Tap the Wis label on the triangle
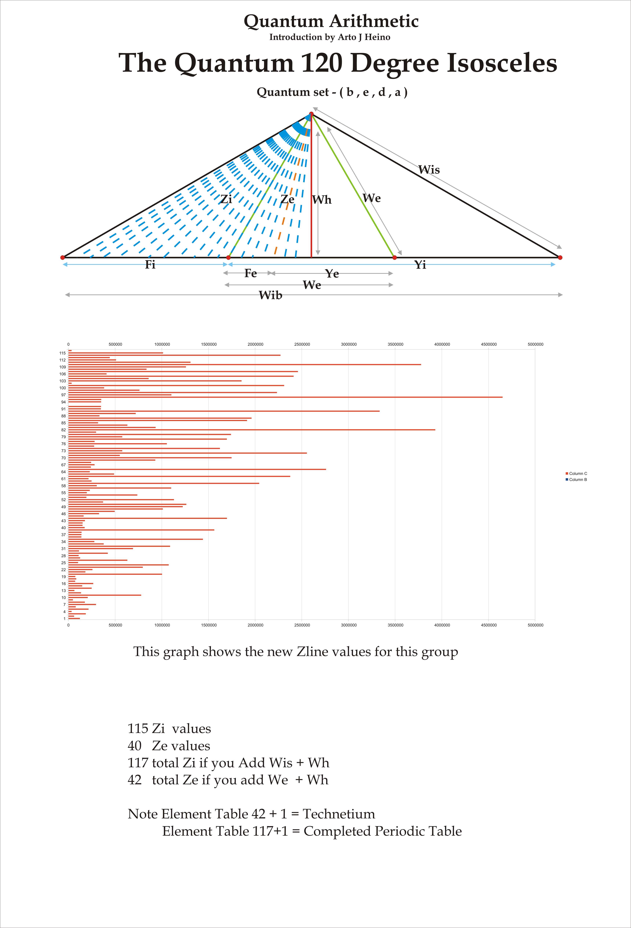coord(429,170)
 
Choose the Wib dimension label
coord(270,295)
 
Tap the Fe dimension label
coord(250,273)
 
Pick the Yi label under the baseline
coord(420,265)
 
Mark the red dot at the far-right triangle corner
coord(560,258)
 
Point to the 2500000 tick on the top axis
coord(302,344)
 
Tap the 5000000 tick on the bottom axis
coord(535,625)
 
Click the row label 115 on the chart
coord(62,353)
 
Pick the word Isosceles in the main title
coord(502,63)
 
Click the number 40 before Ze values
coord(135,746)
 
